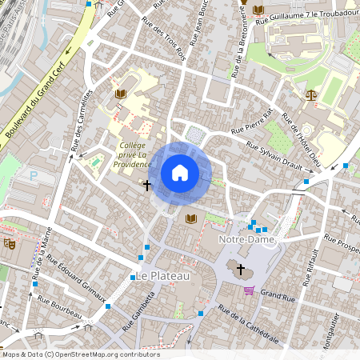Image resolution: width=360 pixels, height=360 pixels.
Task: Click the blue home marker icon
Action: (180, 173)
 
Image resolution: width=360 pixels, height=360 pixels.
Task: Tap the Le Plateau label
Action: (162, 276)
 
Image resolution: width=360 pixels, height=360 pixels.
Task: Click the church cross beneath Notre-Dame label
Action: (242, 269)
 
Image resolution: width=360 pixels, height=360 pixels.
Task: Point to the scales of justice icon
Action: (310, 94)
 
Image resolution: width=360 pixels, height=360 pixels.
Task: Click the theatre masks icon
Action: (10, 243)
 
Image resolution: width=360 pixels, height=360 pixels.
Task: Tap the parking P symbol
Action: (34, 175)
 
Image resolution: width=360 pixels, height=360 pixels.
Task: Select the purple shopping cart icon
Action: (250, 290)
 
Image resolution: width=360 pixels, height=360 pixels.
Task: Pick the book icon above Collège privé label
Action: (120, 94)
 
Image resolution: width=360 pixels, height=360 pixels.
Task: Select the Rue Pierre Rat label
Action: (252, 120)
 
